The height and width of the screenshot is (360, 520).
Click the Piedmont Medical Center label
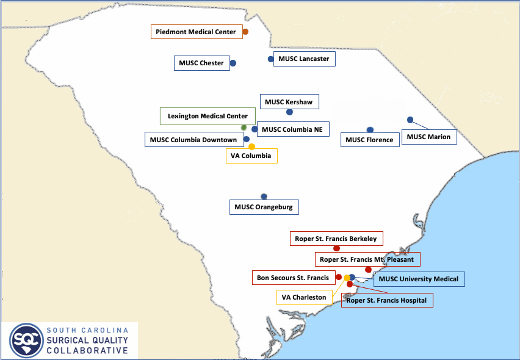click(196, 32)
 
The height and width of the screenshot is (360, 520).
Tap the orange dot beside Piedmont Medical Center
click(245, 32)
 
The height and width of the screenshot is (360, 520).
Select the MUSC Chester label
click(201, 63)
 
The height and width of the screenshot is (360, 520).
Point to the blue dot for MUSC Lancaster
click(270, 59)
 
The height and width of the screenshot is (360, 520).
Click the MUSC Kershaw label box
click(289, 102)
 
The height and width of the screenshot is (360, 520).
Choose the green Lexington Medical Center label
click(208, 116)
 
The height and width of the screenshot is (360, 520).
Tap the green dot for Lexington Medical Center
click(244, 127)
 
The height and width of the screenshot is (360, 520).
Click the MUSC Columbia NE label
click(292, 129)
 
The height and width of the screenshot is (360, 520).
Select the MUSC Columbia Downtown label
click(193, 140)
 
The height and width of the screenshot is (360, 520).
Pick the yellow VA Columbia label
click(251, 156)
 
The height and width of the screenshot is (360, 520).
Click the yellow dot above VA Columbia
click(251, 146)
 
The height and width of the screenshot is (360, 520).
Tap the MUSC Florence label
click(369, 140)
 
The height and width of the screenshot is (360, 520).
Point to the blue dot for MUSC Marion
click(410, 120)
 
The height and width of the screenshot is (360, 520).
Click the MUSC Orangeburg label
click(264, 207)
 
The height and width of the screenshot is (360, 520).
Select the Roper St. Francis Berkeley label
click(336, 239)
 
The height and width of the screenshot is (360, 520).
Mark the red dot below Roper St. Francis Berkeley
click(336, 248)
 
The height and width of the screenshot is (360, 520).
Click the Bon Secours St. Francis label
click(293, 278)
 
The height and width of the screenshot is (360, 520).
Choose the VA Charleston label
click(303, 298)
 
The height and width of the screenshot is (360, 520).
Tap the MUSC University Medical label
click(418, 279)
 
